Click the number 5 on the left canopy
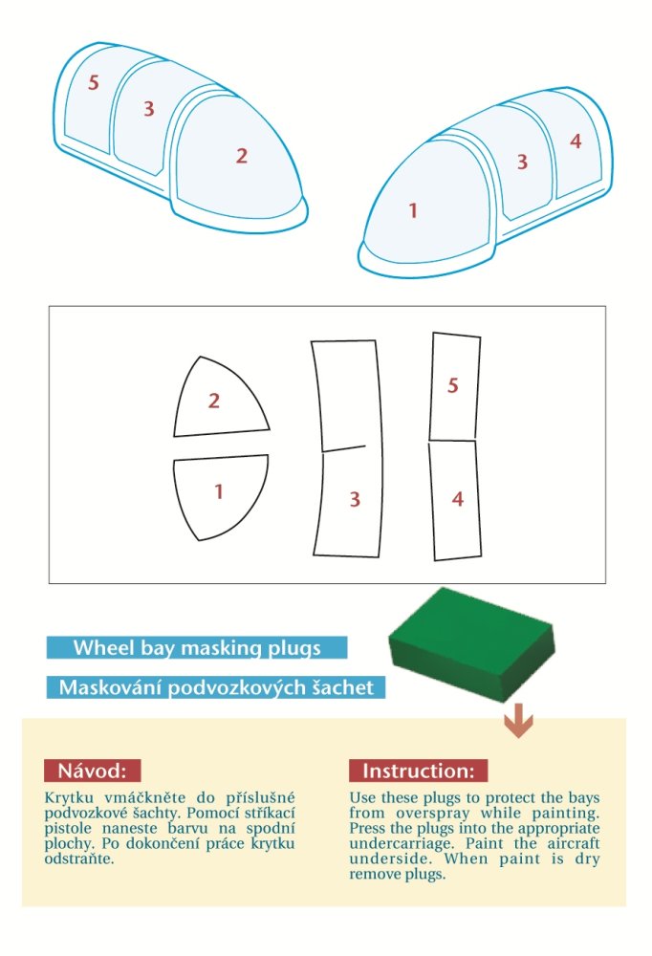94,82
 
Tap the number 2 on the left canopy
242,156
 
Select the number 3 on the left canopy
149,109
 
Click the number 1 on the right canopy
413,211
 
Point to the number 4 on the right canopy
576,141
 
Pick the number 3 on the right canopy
522,162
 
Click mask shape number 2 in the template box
221,397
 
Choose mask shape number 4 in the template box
455,500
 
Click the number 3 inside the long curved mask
355,499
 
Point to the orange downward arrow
518,721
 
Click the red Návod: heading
92,771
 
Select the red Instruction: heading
419,771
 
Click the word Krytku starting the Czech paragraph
69,797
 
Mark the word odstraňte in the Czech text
78,859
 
